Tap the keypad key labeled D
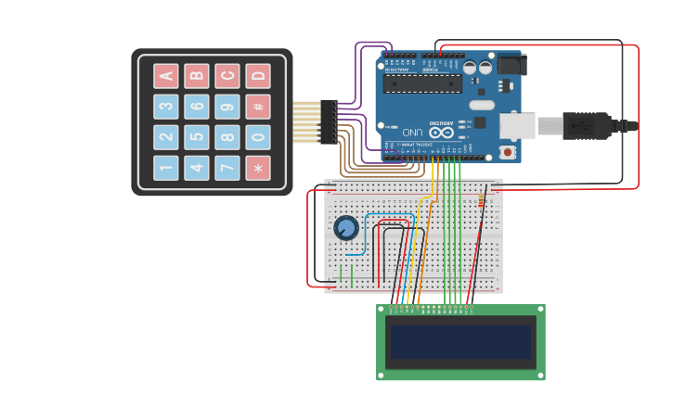tap(257, 76)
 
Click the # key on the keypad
tap(257, 107)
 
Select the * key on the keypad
tap(257, 168)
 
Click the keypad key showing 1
tap(166, 168)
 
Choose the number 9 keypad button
tap(226, 107)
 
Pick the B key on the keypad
tap(196, 76)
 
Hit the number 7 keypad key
tap(226, 168)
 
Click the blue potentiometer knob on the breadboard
tap(346, 227)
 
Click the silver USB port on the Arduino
tap(517, 126)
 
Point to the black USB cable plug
tap(586, 125)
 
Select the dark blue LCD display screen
tap(460, 342)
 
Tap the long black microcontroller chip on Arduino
tap(422, 83)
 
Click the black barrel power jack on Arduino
tap(511, 64)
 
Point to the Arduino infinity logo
tap(442, 132)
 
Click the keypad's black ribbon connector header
tap(329, 121)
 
